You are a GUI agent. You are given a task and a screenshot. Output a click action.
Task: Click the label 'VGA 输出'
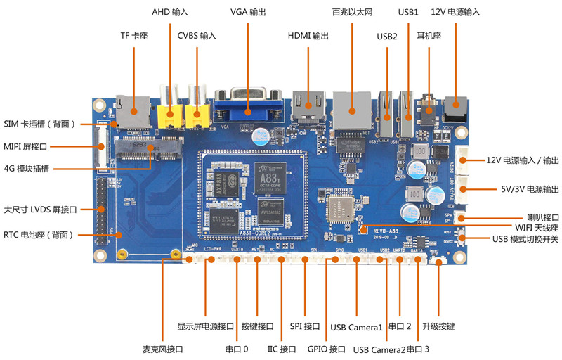click(x=249, y=12)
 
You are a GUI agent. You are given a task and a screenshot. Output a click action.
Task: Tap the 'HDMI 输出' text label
click(x=308, y=36)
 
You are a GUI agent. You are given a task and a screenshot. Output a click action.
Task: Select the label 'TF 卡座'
click(x=134, y=36)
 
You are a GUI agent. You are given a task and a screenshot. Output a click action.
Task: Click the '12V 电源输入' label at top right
click(x=455, y=12)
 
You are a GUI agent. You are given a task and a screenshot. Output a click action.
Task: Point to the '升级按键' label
click(x=438, y=327)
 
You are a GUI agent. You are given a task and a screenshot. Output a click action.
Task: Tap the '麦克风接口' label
click(x=162, y=349)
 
